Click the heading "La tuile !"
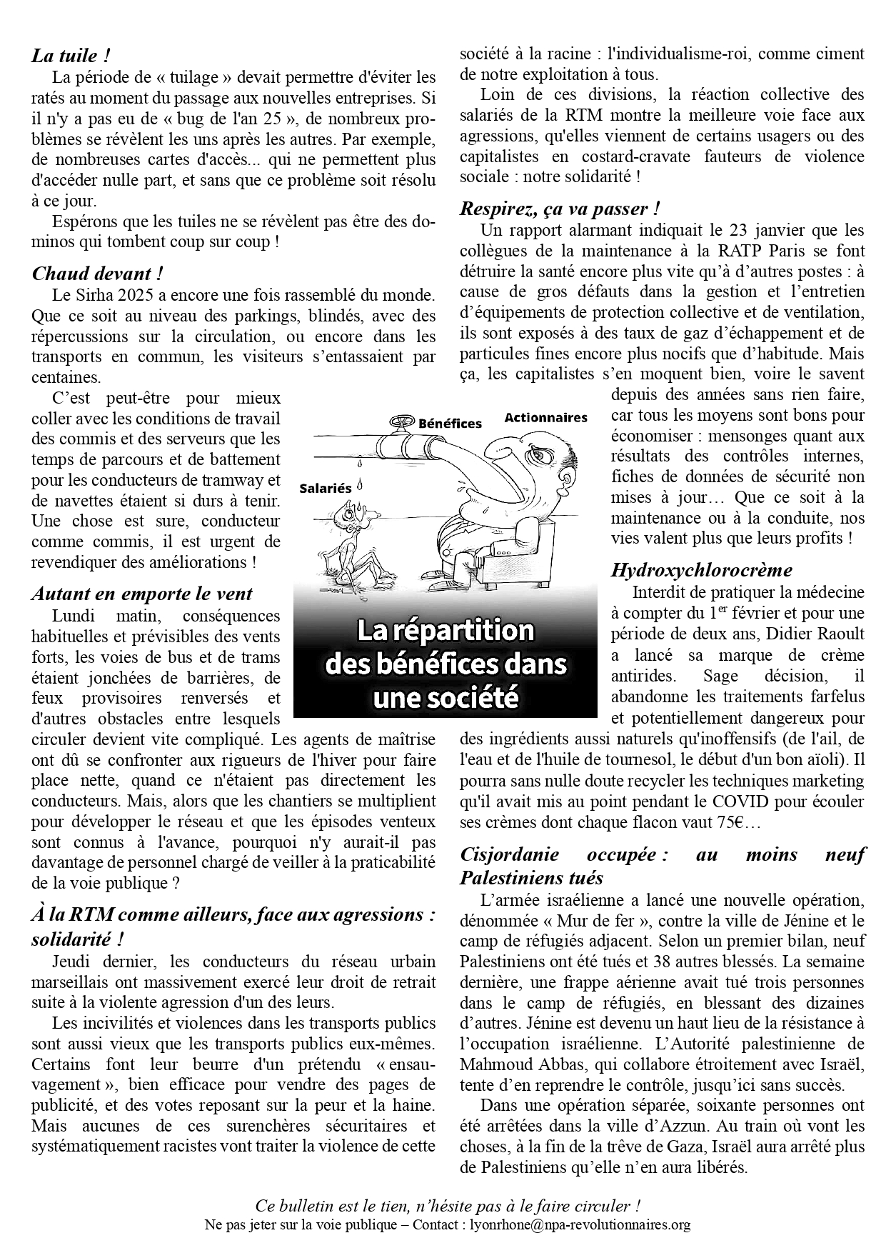pyautogui.click(x=71, y=55)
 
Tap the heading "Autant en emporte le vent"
pyautogui.click(x=142, y=594)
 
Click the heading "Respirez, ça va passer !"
pyautogui.click(x=559, y=209)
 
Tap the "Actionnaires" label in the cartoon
pyautogui.click(x=545, y=417)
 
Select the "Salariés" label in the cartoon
pyautogui.click(x=326, y=489)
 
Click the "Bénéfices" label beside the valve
pyautogui.click(x=450, y=423)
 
